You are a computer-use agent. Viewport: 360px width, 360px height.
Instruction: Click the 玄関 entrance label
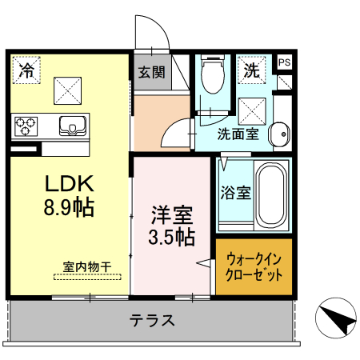[x=150, y=72]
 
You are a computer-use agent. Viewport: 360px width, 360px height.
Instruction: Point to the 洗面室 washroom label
[x=238, y=134]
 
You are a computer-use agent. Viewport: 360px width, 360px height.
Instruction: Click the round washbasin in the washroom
[x=278, y=134]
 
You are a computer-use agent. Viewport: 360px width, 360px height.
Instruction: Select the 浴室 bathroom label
[x=235, y=193]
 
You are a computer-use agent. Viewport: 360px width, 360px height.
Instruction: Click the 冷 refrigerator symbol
[x=26, y=70]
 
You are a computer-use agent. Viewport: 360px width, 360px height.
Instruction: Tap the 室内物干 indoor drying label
[x=87, y=266]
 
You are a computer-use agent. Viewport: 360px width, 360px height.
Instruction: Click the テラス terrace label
[x=152, y=321]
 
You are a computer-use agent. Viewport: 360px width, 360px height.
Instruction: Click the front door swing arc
[x=153, y=32]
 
